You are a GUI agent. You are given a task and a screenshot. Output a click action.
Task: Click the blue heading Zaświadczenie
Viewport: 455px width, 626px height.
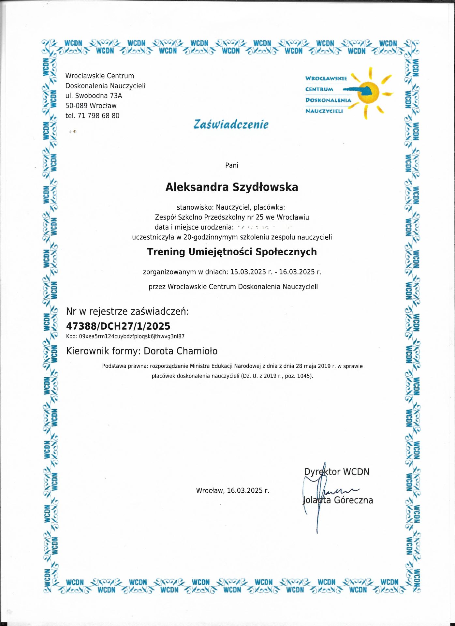[x=231, y=125]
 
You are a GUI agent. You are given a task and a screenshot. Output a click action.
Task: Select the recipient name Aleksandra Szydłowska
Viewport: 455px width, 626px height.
[x=232, y=187]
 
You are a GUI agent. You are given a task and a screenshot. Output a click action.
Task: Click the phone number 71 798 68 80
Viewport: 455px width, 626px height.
[x=98, y=116]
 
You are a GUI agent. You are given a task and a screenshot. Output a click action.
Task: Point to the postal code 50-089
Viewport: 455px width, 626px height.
[x=77, y=106]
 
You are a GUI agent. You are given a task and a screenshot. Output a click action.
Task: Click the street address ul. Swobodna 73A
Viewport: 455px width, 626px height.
[x=94, y=96]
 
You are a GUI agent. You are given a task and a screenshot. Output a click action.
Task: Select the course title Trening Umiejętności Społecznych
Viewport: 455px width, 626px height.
[x=232, y=252]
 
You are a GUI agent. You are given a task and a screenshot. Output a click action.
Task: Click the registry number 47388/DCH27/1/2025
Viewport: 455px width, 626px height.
[x=118, y=326]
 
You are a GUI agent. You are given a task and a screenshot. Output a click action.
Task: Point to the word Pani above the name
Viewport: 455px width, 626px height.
[x=232, y=165]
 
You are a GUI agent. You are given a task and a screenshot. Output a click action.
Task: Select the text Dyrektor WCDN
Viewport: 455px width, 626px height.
[x=337, y=472]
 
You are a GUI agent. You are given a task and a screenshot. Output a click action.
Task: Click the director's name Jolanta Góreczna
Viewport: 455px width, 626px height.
[x=338, y=500]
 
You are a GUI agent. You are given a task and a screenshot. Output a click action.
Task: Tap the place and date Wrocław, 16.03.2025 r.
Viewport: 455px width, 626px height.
[x=232, y=490]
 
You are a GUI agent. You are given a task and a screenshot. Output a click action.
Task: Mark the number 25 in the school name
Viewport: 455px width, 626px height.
[x=260, y=217]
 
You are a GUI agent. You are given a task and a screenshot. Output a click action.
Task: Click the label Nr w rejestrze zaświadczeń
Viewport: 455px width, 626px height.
[x=127, y=311]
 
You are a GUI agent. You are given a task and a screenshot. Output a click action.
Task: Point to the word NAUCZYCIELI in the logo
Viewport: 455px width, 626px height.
[x=324, y=111]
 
